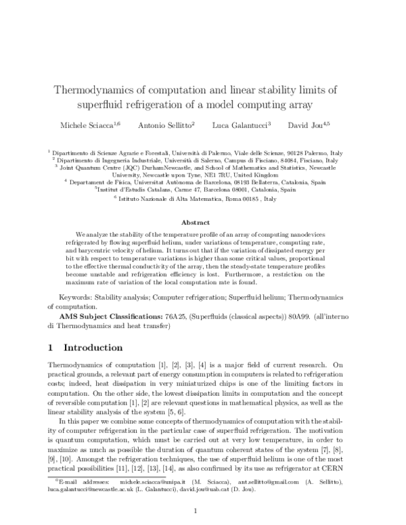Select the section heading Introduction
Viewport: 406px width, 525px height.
93,348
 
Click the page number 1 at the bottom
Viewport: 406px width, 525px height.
195,511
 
